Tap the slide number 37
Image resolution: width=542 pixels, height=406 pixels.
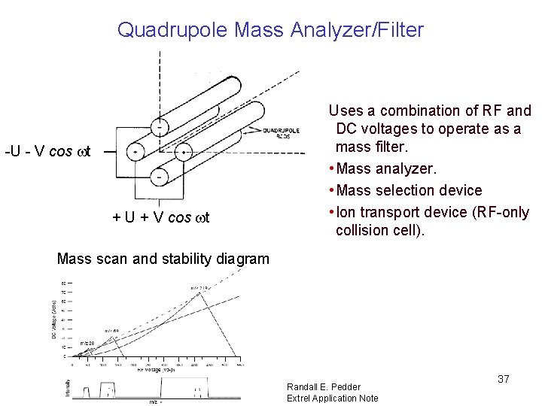[503, 379]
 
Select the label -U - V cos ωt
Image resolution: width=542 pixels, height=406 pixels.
[47, 151]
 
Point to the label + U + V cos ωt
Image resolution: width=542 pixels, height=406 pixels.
[160, 218]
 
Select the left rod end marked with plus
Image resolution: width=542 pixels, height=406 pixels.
[135, 151]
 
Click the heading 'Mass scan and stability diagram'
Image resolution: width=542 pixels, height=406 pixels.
[163, 259]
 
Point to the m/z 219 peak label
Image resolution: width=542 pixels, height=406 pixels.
[199, 288]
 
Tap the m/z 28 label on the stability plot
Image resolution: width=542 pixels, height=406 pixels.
[86, 342]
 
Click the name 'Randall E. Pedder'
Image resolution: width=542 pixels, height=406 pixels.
[324, 387]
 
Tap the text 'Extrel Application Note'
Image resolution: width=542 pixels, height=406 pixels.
[332, 398]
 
